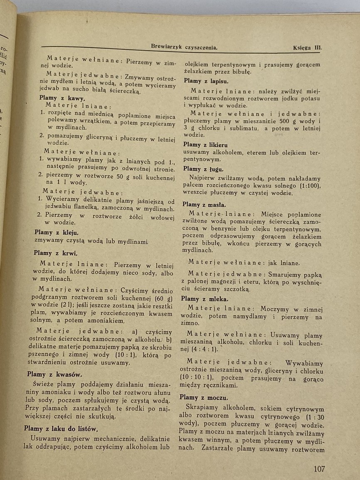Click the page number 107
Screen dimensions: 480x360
click(319, 469)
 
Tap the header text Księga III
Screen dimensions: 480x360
click(307, 47)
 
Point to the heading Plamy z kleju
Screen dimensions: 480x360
click(56, 233)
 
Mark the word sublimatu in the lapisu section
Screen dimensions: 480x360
click(240, 128)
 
